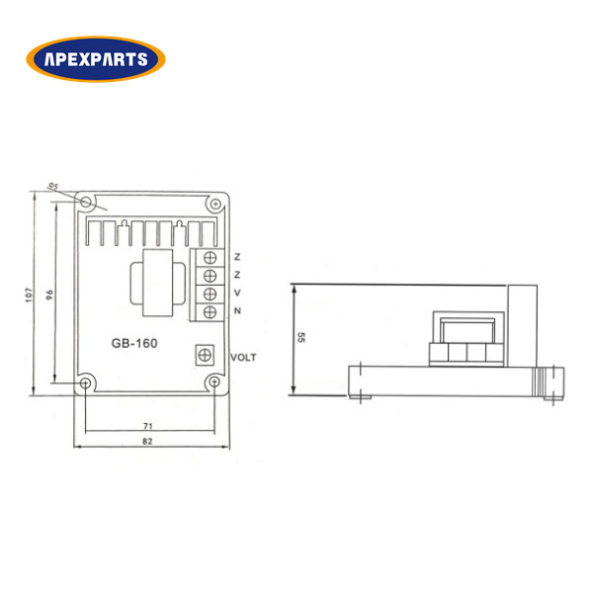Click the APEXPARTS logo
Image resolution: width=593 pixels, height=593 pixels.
pyautogui.click(x=96, y=59)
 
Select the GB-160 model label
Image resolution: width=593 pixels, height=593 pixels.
pyautogui.click(x=134, y=343)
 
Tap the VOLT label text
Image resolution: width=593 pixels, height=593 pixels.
pyautogui.click(x=243, y=358)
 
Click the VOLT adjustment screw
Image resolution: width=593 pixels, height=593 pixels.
pyautogui.click(x=205, y=355)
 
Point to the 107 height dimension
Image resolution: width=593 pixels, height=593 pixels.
pyautogui.click(x=29, y=295)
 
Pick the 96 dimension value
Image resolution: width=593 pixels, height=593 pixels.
pyautogui.click(x=49, y=295)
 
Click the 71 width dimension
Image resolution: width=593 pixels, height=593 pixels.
pyautogui.click(x=148, y=426)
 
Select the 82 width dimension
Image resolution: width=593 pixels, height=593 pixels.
pyautogui.click(x=147, y=441)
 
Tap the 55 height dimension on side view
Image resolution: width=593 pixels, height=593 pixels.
pyautogui.click(x=300, y=337)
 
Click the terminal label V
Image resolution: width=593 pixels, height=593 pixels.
pyautogui.click(x=237, y=293)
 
